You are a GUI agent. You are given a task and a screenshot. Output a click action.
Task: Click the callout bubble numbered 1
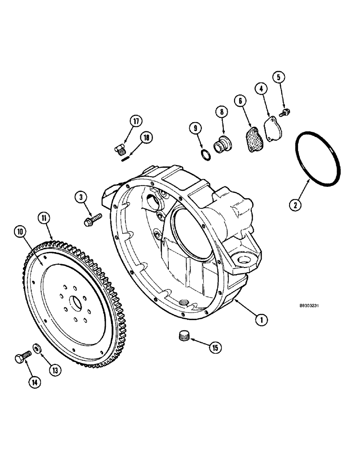(262, 319)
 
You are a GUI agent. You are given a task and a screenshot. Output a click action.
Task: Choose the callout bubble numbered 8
(221, 112)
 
